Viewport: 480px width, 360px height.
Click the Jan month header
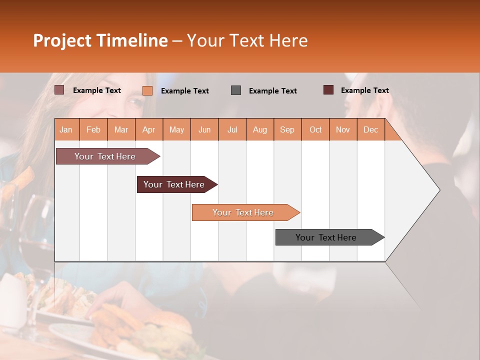66,129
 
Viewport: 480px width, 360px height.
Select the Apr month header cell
149,129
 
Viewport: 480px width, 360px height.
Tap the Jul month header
232,129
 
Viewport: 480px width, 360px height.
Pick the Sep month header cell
287,129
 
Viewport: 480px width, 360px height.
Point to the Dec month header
370,129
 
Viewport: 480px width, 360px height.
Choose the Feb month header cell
93,129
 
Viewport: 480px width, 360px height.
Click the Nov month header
343,129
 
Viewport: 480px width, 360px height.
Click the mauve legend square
59,90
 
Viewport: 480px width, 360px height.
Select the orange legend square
147,90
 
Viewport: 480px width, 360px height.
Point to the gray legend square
236,90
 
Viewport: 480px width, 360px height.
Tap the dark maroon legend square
328,90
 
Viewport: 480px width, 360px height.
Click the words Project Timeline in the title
100,40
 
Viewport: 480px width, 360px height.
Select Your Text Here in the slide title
247,40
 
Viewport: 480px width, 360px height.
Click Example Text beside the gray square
272,91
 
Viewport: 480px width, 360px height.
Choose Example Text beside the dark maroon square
364,90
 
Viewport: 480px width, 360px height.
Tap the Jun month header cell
204,129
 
